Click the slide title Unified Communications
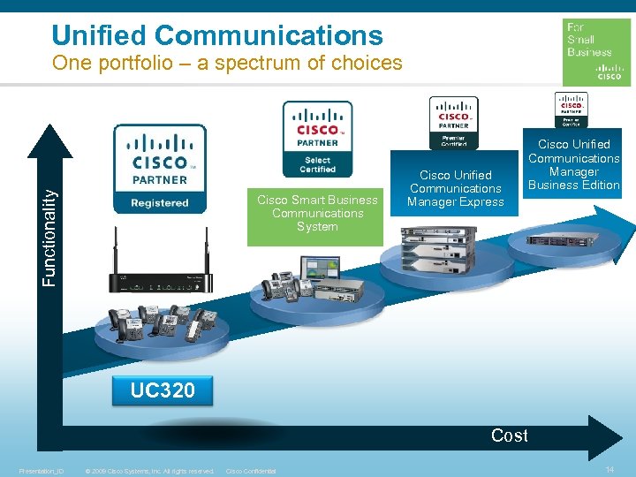click(x=217, y=35)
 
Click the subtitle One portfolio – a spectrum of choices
click(x=227, y=64)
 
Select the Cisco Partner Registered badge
click(x=160, y=169)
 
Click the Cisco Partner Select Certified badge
click(x=317, y=139)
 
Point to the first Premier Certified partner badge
click(x=454, y=123)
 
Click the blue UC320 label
click(x=163, y=390)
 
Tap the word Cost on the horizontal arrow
click(x=510, y=435)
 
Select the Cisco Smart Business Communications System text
click(x=317, y=213)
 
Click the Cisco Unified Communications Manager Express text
click(x=456, y=188)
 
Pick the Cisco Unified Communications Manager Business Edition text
click(x=574, y=164)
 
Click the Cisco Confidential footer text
click(x=252, y=471)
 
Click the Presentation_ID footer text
click(x=42, y=471)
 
